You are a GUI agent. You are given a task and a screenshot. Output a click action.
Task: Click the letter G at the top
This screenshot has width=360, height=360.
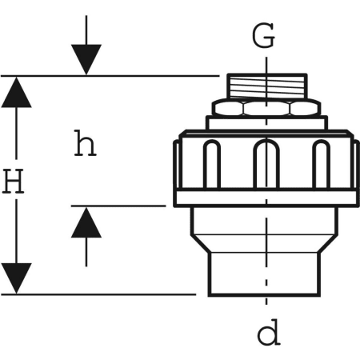point(264,36)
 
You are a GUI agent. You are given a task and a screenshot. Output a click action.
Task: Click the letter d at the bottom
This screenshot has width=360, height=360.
point(269,333)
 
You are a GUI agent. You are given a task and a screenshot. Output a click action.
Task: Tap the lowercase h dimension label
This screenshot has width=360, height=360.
point(85,144)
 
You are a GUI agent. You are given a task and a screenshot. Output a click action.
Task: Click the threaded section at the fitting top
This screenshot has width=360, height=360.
point(265,86)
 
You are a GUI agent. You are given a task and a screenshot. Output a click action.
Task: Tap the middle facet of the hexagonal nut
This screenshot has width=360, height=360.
point(266,107)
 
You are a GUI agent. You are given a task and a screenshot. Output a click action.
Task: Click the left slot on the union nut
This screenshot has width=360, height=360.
point(211,165)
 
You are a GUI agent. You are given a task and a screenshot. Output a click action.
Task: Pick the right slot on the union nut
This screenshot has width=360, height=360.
point(321,165)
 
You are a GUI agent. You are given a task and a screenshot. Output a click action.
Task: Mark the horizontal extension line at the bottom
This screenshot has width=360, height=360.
point(104,294)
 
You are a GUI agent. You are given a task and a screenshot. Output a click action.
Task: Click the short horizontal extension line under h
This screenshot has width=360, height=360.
point(120,206)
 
